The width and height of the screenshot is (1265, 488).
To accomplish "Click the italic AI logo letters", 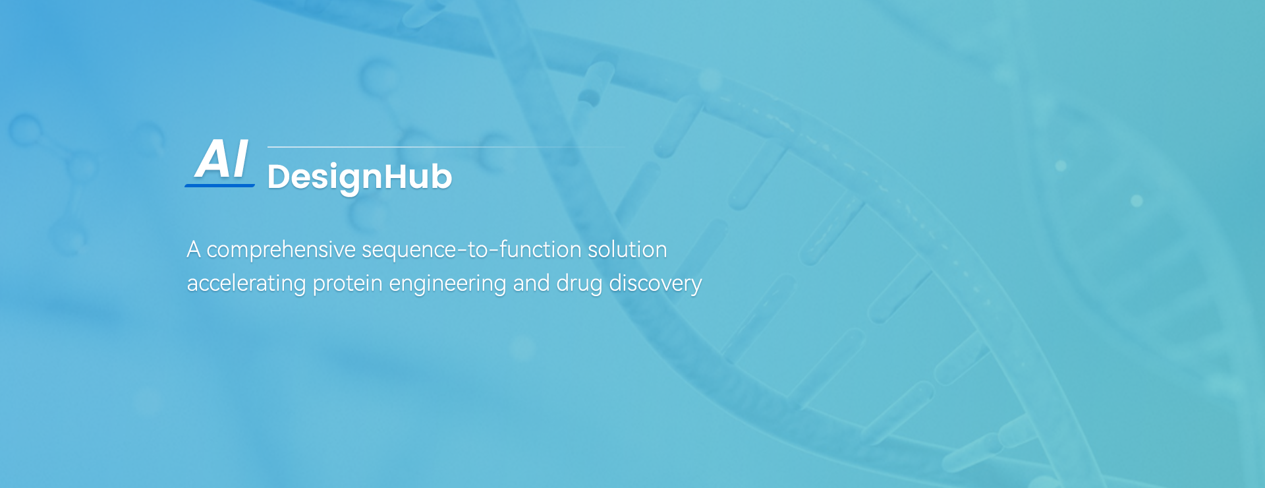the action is click(222, 159).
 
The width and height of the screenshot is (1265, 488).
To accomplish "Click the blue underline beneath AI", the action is click(219, 185).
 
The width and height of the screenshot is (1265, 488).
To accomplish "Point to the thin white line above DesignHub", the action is click(447, 146).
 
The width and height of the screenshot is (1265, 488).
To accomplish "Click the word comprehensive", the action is click(281, 251).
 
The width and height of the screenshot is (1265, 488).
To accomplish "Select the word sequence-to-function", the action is click(472, 250).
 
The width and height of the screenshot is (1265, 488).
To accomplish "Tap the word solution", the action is click(627, 250).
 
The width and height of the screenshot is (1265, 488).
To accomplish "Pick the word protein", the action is click(347, 284).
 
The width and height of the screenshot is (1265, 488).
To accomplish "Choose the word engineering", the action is click(448, 284).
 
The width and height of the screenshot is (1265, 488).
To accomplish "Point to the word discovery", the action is click(656, 284).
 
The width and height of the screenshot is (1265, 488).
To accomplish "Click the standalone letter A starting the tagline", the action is click(194, 250).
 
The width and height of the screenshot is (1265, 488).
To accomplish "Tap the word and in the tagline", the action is click(532, 283).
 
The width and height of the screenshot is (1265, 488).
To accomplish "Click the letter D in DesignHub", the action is click(279, 177).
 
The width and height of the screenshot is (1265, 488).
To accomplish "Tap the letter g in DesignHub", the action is click(343, 181).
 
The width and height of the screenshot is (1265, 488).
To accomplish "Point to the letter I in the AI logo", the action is click(240, 159).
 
